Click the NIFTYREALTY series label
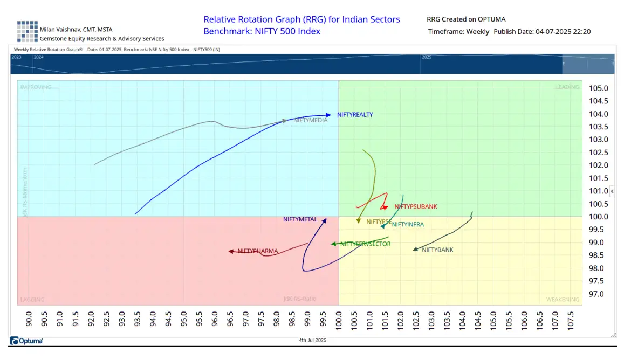pyautogui.click(x=355, y=115)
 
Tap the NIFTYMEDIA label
pyautogui.click(x=311, y=121)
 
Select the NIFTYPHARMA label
pyautogui.click(x=258, y=251)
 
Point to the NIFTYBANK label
pyautogui.click(x=437, y=250)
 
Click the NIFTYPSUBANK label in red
pyautogui.click(x=415, y=206)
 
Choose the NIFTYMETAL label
pyautogui.click(x=300, y=219)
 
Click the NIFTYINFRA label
pyautogui.click(x=408, y=225)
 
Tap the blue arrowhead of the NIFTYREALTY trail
pyautogui.click(x=328, y=115)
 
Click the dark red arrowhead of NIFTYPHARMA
pyautogui.click(x=231, y=251)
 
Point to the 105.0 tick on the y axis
pyautogui.click(x=599, y=88)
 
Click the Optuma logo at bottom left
pyautogui.click(x=26, y=341)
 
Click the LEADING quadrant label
pyautogui.click(x=567, y=87)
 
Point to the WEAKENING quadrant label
pyautogui.click(x=563, y=300)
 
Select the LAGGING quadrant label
pyautogui.click(x=32, y=300)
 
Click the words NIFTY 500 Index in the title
pyautogui.click(x=286, y=31)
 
